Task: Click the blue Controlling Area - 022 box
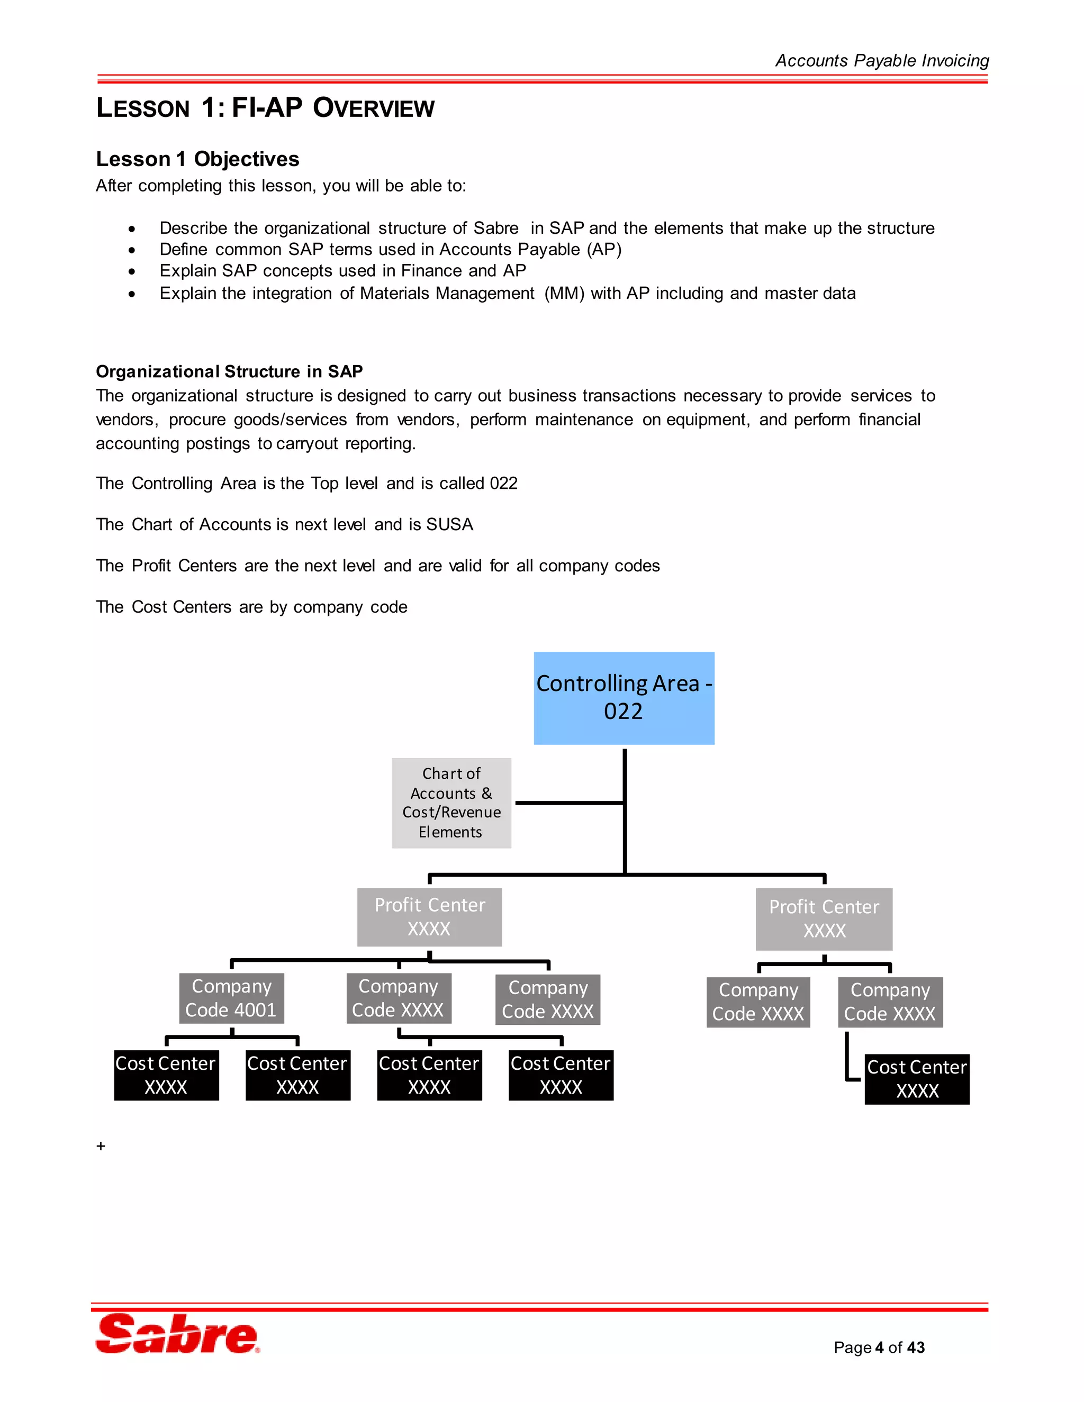[624, 698]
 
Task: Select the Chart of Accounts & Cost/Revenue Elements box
[451, 803]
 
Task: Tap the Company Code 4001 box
[231, 998]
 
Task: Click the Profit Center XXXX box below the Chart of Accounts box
[429, 917]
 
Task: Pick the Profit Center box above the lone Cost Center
[824, 918]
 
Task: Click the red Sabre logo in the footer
[177, 1334]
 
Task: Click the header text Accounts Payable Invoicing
[882, 60]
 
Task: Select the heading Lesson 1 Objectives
[197, 159]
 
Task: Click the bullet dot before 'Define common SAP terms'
[132, 250]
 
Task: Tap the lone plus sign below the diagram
[101, 1146]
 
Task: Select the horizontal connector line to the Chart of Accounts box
[568, 803]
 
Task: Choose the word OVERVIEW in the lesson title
[373, 108]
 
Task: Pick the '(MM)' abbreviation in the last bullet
[564, 294]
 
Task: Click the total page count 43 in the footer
[916, 1348]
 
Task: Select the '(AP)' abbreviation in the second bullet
[604, 249]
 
